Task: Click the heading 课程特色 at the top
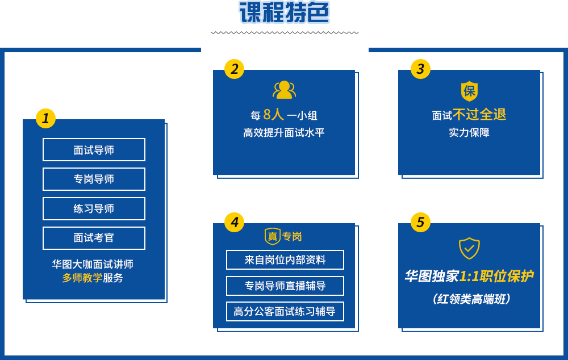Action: (x=285, y=12)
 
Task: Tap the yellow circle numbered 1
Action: (x=45, y=118)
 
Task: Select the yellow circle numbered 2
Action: (x=235, y=69)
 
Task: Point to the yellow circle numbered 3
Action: (x=420, y=69)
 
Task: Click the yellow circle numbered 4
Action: (x=235, y=222)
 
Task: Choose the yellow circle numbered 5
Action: (x=420, y=222)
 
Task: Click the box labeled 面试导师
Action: (x=94, y=149)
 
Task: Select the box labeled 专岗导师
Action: (x=94, y=179)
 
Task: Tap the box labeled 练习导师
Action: (x=94, y=208)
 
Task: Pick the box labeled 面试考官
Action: (x=94, y=238)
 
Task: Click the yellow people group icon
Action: (x=285, y=90)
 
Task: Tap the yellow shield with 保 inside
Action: (x=470, y=91)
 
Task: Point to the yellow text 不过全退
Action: (x=479, y=115)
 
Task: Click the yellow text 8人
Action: (x=274, y=115)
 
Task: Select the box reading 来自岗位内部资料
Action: (x=285, y=259)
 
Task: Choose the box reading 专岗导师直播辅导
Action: (x=285, y=286)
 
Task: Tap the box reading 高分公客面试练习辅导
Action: (x=285, y=312)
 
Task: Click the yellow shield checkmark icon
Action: (x=470, y=249)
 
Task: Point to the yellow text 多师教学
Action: (x=82, y=278)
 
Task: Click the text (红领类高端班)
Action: (x=471, y=299)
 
